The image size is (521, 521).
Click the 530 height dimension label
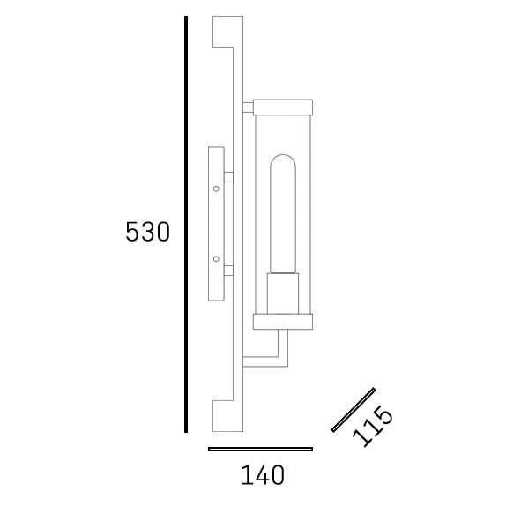coord(147,232)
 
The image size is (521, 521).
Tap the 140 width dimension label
coord(263,475)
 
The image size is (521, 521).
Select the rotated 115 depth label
coord(373,427)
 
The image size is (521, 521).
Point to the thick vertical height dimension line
coord(186,224)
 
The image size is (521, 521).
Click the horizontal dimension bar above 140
coord(260,450)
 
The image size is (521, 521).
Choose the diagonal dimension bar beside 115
coord(354,410)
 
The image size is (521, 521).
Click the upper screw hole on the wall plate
coord(216,189)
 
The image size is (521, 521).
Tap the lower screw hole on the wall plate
coord(216,259)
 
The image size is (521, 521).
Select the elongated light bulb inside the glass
coord(283,213)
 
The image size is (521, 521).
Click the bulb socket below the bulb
coord(283,294)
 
